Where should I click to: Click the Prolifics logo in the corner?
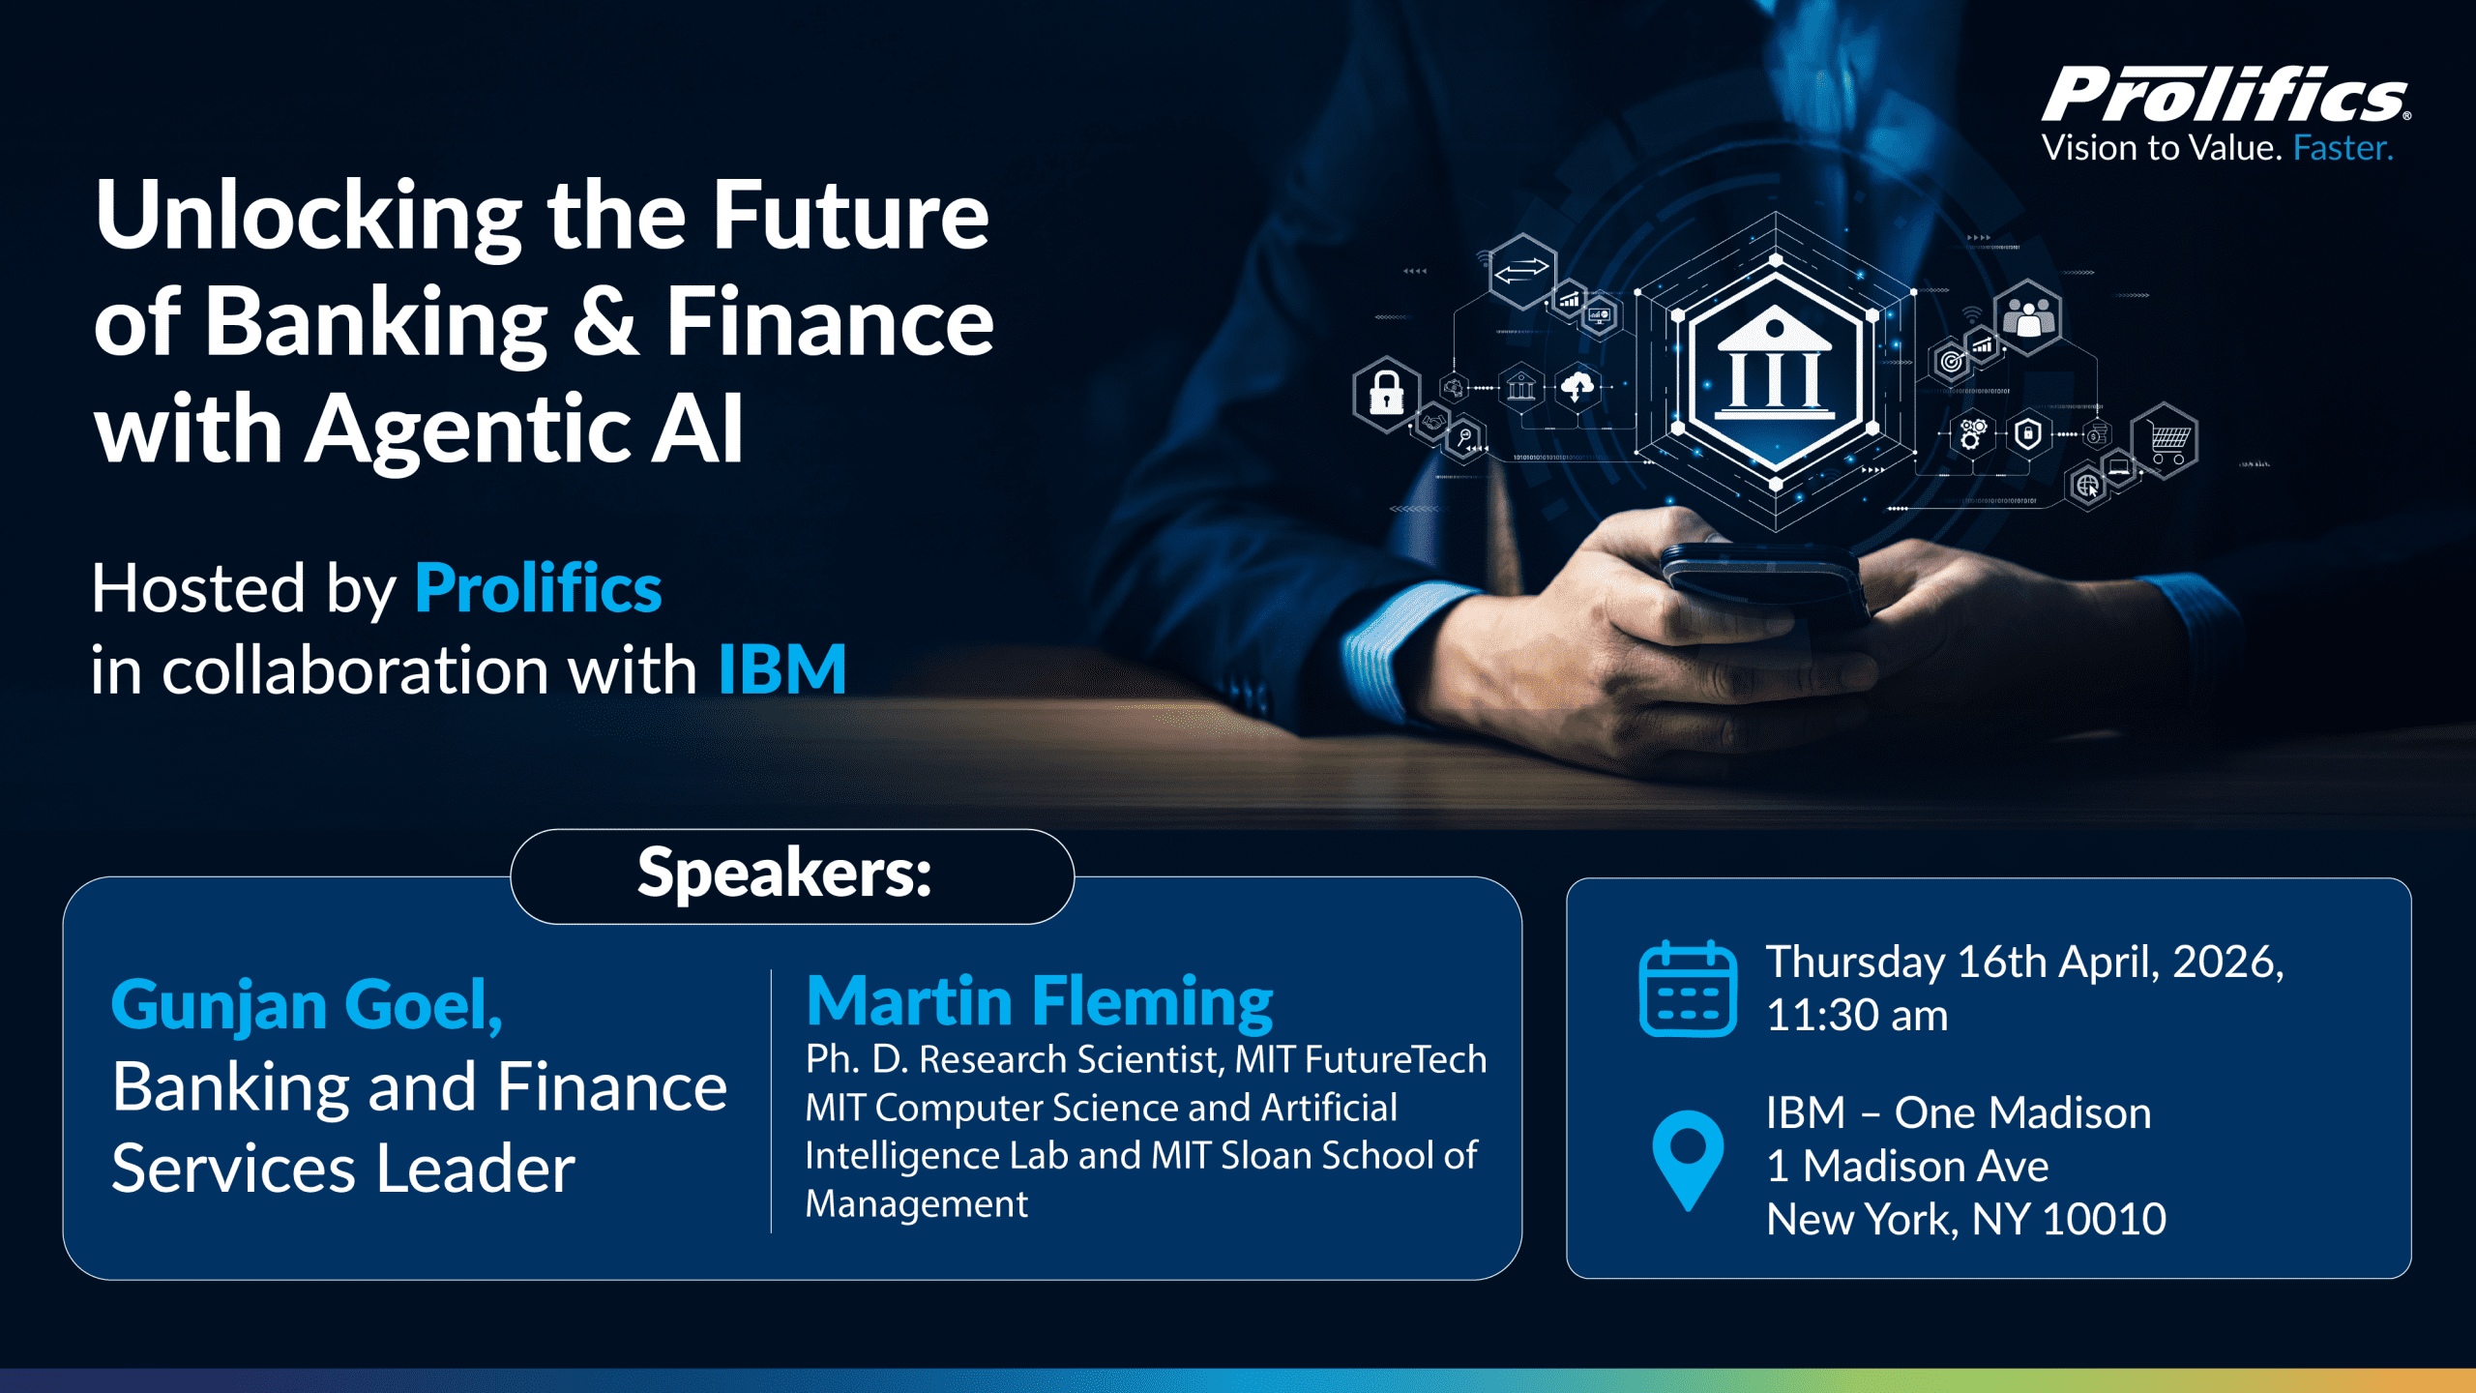2225,97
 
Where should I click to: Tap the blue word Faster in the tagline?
2342,148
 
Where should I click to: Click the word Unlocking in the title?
309,217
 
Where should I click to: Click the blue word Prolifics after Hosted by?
538,588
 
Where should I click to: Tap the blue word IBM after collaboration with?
781,669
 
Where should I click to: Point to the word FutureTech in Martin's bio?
1395,1060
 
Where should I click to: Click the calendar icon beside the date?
1688,989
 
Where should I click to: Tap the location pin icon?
1688,1157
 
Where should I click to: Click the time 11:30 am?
1856,1016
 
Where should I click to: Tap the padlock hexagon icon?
1386,393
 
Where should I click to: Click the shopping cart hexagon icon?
2168,440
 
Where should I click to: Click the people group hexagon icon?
2028,315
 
